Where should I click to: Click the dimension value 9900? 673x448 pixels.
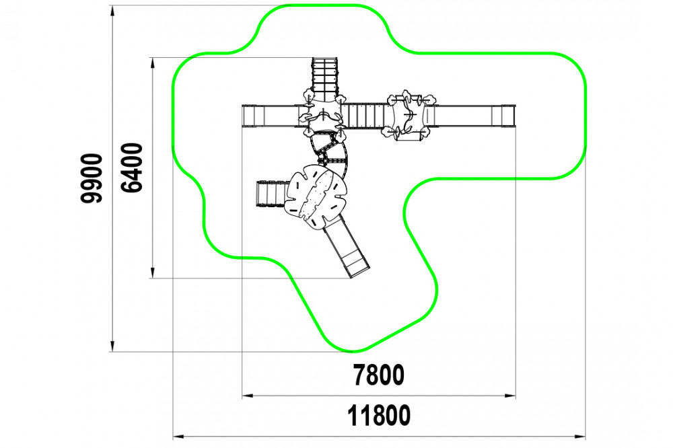click(x=92, y=178)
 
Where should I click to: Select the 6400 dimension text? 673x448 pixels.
click(x=132, y=167)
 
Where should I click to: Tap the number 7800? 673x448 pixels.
click(x=378, y=375)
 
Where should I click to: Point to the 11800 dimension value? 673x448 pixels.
click(x=378, y=416)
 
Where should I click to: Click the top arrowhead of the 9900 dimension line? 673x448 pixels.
click(x=112, y=10)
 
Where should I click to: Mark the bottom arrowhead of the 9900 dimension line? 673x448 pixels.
click(x=112, y=346)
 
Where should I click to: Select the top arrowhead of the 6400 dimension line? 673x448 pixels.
click(x=152, y=63)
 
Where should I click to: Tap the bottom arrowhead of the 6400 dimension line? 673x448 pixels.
click(x=152, y=273)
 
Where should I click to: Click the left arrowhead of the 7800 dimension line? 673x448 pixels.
click(x=248, y=396)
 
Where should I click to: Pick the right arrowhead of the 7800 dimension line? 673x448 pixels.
click(x=510, y=396)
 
